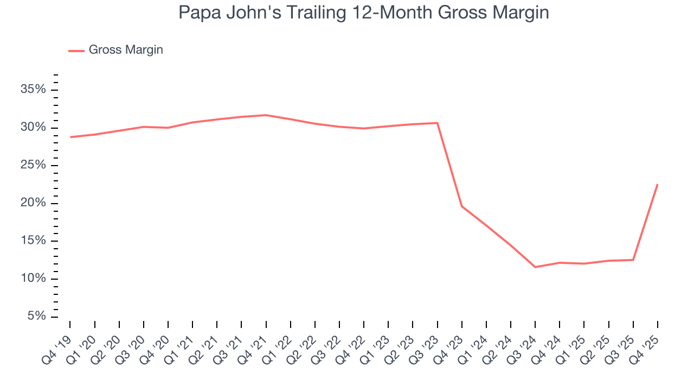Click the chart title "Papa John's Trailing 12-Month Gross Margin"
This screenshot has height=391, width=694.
364,13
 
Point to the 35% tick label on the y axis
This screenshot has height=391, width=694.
33,90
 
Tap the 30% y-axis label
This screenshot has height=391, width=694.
33,128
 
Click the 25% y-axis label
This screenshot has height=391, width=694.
33,165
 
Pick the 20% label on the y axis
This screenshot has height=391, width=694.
33,203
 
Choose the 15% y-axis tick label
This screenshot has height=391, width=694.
33,241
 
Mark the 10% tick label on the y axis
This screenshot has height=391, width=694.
33,279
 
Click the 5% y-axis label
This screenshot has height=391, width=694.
36,316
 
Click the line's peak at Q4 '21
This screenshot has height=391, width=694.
266,115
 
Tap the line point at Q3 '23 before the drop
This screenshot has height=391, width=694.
437,123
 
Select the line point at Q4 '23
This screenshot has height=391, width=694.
461,206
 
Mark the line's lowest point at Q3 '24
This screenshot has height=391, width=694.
535,267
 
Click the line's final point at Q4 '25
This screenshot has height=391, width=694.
657,185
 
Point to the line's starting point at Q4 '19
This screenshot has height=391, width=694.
70,137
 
